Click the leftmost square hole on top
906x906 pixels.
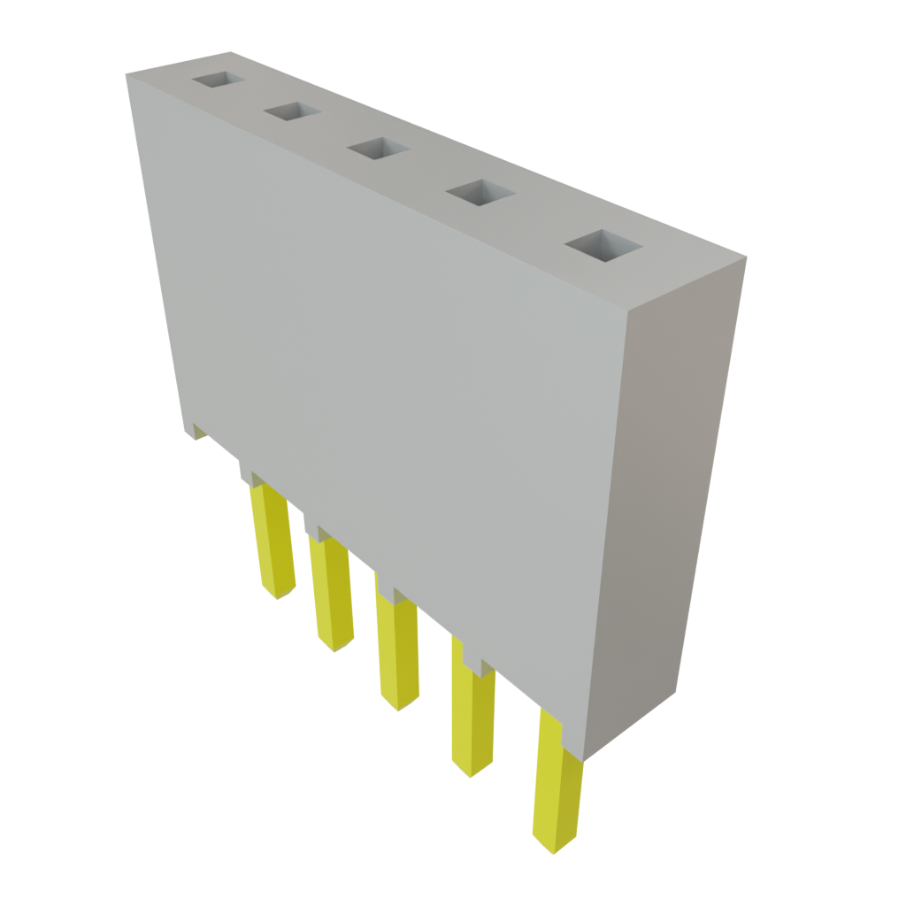click(x=217, y=80)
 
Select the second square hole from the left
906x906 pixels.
click(x=291, y=111)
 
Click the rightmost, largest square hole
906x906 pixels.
click(x=602, y=247)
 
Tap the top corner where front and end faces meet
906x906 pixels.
click(x=625, y=312)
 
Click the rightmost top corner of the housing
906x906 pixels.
click(x=748, y=257)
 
